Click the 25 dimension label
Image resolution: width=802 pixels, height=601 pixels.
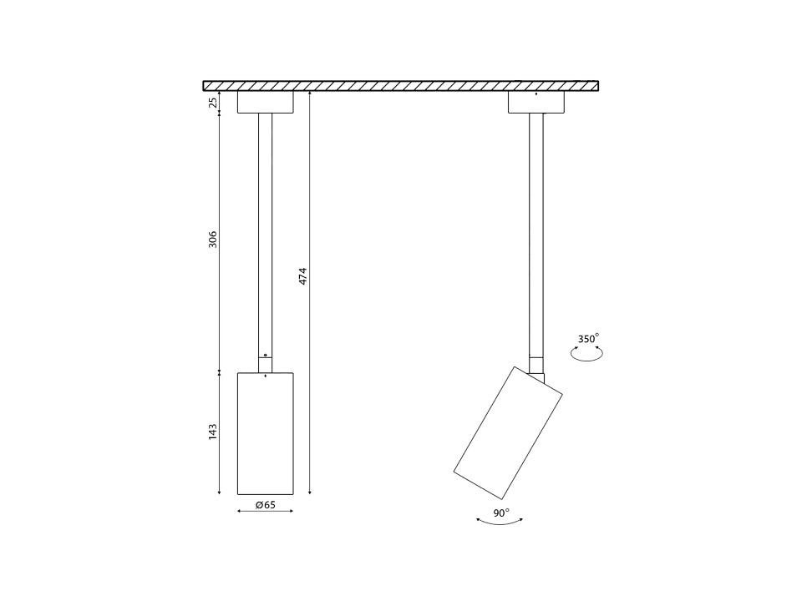point(214,102)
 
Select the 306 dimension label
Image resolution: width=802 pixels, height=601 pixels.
point(213,240)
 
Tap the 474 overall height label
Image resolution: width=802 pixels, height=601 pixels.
point(302,276)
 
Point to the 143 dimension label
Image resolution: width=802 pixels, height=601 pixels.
point(213,432)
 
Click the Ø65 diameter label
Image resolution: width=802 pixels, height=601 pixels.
point(266,505)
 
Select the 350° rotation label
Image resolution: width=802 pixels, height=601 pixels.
point(588,339)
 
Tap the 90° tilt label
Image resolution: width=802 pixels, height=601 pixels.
point(501,513)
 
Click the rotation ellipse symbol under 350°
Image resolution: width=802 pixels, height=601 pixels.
point(586,354)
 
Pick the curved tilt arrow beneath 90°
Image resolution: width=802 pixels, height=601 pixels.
point(500,523)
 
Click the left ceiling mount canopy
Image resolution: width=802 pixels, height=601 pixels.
point(266,102)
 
